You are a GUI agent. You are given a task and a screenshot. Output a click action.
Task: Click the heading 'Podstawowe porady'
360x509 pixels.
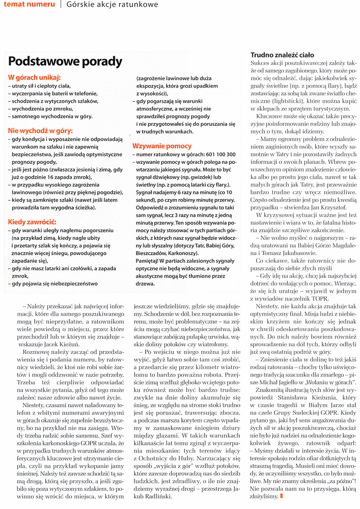[x=65, y=62]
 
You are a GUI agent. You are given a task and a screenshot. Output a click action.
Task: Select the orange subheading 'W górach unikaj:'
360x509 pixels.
[x=34, y=78]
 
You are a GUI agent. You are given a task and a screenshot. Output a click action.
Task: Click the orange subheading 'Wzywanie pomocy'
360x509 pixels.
[x=163, y=146]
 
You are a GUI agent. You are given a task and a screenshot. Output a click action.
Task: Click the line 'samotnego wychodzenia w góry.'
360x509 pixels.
[x=52, y=117]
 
